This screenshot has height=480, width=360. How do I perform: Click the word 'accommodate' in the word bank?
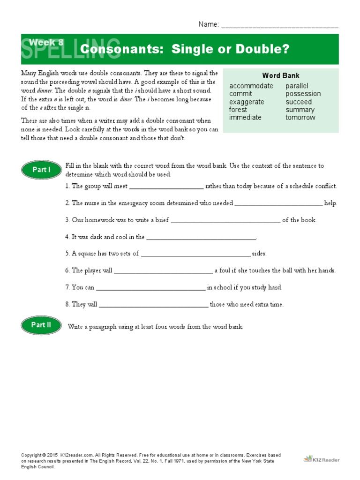coord(251,86)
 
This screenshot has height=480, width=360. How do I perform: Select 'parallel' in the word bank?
coord(297,86)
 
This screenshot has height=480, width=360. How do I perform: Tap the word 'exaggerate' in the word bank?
coord(247,102)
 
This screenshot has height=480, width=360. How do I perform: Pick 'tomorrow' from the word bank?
coord(300,118)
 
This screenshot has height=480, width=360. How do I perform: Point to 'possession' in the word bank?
coord(303,94)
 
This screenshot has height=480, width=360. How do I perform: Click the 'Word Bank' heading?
coord(281,75)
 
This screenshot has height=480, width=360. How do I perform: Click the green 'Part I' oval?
coord(41,170)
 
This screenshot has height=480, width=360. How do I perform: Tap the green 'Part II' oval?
coord(41,324)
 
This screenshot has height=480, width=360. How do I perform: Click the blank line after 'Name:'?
coord(279,25)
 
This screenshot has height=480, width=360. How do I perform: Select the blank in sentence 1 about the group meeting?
coord(166,187)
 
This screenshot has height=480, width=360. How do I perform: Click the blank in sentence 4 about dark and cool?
coord(201,238)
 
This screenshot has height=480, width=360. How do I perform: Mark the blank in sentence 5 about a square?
coord(195,254)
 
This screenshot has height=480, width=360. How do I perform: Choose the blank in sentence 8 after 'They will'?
coord(153,305)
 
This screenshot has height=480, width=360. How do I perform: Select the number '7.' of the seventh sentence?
coord(67,287)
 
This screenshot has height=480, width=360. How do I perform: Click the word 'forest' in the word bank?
coord(238,110)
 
